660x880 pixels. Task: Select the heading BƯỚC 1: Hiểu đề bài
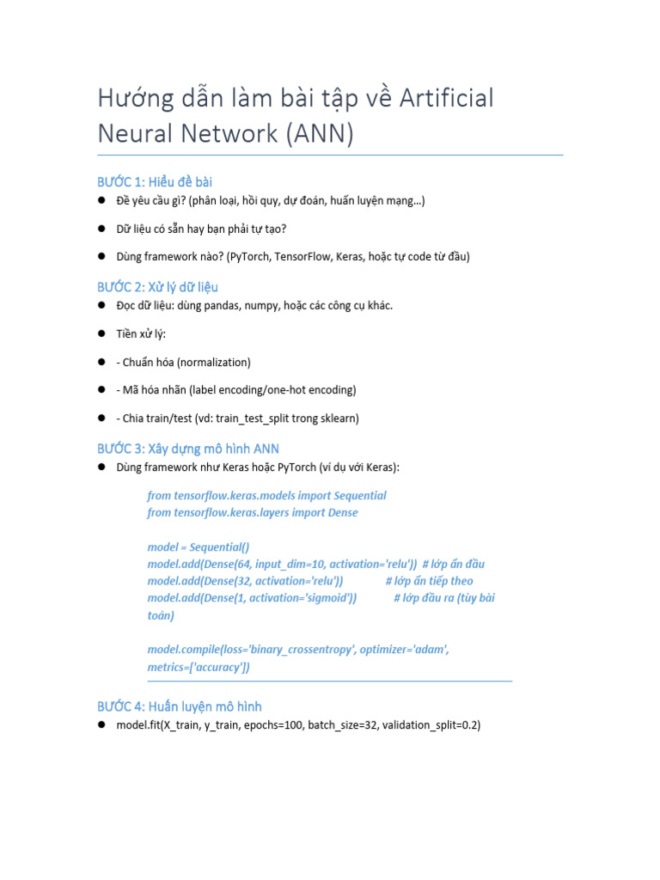pos(155,181)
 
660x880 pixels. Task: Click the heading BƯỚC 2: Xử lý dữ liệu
pos(163,286)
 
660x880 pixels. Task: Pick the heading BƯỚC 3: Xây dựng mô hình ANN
pos(187,449)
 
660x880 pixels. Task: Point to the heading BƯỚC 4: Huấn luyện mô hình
pos(179,706)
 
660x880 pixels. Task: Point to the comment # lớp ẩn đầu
pos(454,564)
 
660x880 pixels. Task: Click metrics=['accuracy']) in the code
pos(199,667)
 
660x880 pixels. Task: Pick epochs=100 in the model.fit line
pos(273,725)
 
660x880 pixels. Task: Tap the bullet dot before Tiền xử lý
pos(101,333)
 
